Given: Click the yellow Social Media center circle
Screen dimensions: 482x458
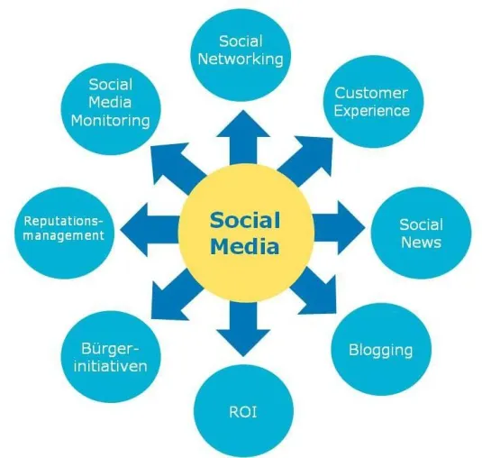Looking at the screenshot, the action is tap(246, 234).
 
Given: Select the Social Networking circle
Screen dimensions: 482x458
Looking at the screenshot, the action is tap(241, 55).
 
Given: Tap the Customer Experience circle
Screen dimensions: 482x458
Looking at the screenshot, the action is tap(373, 102).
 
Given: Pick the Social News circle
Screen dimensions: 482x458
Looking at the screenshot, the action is tap(421, 233).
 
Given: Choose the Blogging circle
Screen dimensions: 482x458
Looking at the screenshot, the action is tap(381, 350).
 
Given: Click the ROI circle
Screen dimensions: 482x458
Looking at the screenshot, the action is tap(243, 411).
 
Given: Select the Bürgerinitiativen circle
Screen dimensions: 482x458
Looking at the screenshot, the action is tap(111, 357).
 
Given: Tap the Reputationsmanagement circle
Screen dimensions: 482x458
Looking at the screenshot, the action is tap(64, 233).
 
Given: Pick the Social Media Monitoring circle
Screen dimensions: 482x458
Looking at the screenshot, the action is tap(111, 109).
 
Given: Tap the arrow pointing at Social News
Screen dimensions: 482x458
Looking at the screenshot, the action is tap(338, 228).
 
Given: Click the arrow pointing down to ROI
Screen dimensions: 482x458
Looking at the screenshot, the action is tap(243, 328).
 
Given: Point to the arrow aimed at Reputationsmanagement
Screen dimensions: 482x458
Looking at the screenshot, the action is tap(150, 230).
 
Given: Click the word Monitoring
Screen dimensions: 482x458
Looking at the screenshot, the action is tap(111, 120).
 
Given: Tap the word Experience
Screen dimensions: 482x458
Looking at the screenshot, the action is tap(372, 111).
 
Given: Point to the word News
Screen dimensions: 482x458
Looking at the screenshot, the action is tap(421, 242).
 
